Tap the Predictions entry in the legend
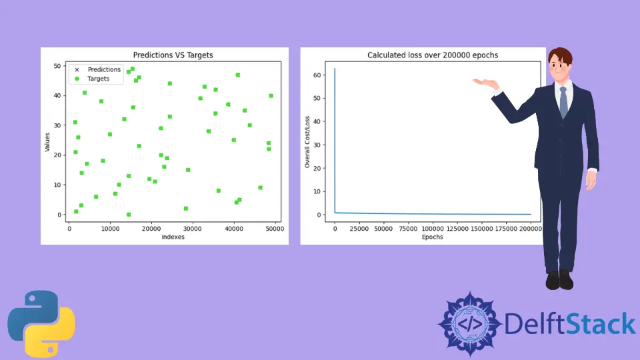coord(104,69)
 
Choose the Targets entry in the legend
coord(99,79)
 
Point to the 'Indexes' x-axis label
coord(173,237)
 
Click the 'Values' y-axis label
coord(48,141)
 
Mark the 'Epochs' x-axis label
coord(433,237)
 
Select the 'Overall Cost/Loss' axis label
coord(307,141)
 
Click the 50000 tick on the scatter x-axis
coord(275,229)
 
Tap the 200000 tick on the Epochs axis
coord(531,229)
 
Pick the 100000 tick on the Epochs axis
coord(433,229)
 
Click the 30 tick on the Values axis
coord(57,125)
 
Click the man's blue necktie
coord(563,103)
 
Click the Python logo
coord(41,323)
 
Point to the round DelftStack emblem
coord(469,324)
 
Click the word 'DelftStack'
coord(570,324)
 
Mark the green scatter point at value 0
coord(129,215)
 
